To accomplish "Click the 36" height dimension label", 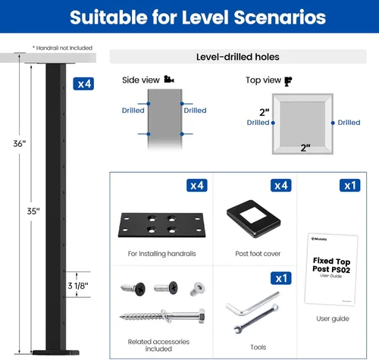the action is pos(20,143).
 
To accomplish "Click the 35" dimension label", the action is pos(33,211).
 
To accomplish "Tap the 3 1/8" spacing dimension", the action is pos(78,286).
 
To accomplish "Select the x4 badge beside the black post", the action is pos(83,83).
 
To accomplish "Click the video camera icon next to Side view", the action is pos(169,79).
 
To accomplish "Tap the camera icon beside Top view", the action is pos(288,81).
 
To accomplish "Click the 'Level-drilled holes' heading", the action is pos(238,57).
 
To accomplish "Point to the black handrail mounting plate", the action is pos(161,225).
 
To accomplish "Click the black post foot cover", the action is pos(253,219).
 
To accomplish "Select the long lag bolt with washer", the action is pos(162,316).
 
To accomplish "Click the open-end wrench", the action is pos(256,319).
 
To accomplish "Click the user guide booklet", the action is pos(331,269).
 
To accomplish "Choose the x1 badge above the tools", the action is pos(281,278).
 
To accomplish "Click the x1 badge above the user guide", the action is pos(350,186).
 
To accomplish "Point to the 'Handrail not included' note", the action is pos(62,48).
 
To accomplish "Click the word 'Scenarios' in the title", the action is pos(280,17).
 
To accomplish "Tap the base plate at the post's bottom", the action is pos(56,352).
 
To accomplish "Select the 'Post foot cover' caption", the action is pos(258,254).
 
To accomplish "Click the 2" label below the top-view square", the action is pos(305,148).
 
